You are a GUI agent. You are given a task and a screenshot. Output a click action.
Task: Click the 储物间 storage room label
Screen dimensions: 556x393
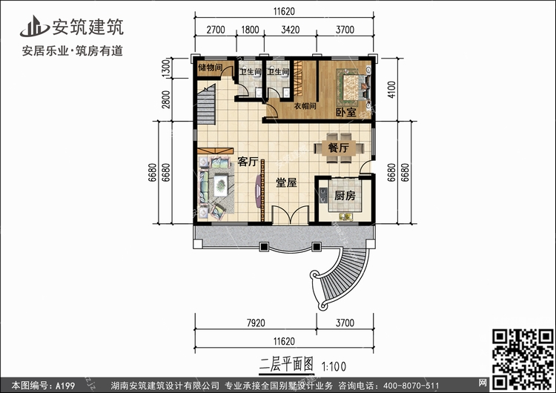(211, 67)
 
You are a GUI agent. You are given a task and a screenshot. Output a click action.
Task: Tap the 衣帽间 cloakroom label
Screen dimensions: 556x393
(305, 106)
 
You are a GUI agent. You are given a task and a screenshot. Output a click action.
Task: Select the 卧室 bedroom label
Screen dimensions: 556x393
(346, 113)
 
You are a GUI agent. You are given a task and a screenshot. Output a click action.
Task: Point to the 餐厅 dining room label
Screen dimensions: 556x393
(339, 148)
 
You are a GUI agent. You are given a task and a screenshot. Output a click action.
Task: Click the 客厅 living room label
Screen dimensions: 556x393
(248, 162)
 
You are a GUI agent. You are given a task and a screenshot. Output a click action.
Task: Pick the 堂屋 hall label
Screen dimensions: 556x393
(286, 182)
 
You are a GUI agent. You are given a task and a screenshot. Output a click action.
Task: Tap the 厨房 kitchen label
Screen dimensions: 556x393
(345, 196)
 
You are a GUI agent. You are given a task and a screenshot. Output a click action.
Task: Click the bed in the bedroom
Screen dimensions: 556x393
(354, 85)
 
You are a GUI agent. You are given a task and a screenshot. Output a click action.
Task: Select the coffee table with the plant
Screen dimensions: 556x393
(221, 185)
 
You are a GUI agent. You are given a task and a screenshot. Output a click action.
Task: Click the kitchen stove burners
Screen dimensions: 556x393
(323, 195)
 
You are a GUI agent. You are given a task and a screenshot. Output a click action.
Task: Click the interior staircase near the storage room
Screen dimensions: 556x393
(206, 105)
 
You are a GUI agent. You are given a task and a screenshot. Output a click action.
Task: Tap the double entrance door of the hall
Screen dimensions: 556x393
(290, 214)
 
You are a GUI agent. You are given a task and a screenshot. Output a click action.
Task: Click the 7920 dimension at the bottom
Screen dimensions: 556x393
(256, 323)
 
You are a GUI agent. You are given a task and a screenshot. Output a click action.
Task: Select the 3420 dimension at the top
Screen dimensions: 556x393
(291, 30)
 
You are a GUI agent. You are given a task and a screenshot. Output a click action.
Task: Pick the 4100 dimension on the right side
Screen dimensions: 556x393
(391, 90)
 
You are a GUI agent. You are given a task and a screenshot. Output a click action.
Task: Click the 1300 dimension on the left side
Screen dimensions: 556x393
(165, 68)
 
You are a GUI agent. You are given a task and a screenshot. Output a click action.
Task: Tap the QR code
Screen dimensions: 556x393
(523, 359)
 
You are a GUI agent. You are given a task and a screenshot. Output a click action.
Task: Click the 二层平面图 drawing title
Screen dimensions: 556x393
(286, 364)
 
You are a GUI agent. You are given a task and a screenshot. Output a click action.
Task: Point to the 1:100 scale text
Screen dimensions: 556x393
(334, 366)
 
